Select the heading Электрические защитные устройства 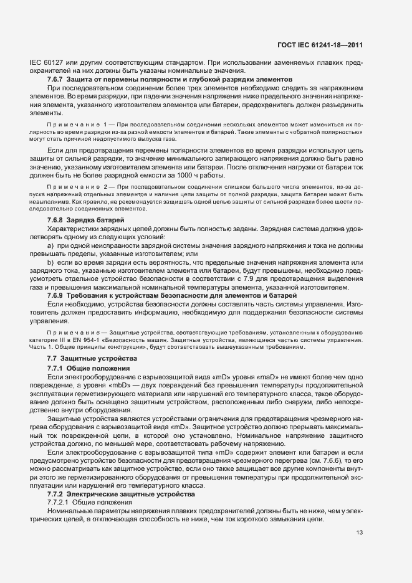tap(128, 494)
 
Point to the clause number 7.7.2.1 tap(61, 502)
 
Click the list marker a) tap(50, 246)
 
